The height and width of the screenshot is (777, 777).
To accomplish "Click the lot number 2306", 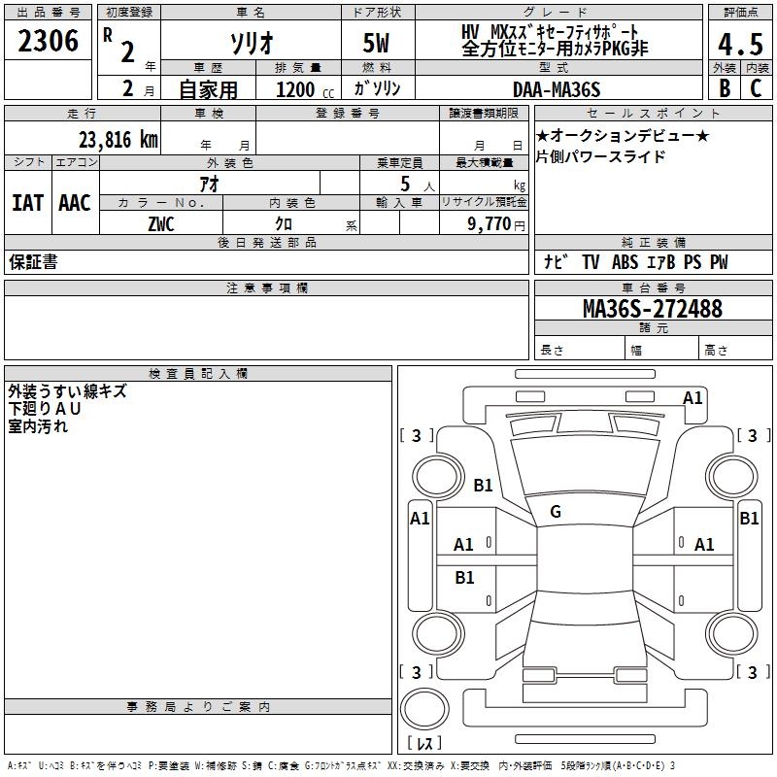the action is pyautogui.click(x=48, y=42).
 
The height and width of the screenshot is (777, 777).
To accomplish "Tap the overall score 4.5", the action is pyautogui.click(x=739, y=44).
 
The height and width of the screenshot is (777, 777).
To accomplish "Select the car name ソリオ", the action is pyautogui.click(x=250, y=43).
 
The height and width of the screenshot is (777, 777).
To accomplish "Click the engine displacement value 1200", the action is pyautogui.click(x=295, y=89).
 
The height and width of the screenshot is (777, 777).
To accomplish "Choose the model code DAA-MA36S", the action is pyautogui.click(x=557, y=89).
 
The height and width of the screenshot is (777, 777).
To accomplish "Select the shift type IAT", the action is pyautogui.click(x=27, y=203).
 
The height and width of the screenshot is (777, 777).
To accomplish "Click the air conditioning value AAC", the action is pyautogui.click(x=75, y=203).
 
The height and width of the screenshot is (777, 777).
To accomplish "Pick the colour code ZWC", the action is pyautogui.click(x=161, y=223).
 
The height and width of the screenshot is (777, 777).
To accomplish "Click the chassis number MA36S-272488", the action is pyautogui.click(x=652, y=309).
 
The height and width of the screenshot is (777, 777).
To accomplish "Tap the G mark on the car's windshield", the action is pyautogui.click(x=556, y=512).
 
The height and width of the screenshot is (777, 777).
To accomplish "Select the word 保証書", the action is pyautogui.click(x=33, y=262).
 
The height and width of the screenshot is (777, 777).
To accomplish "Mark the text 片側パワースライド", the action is pyautogui.click(x=601, y=156).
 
